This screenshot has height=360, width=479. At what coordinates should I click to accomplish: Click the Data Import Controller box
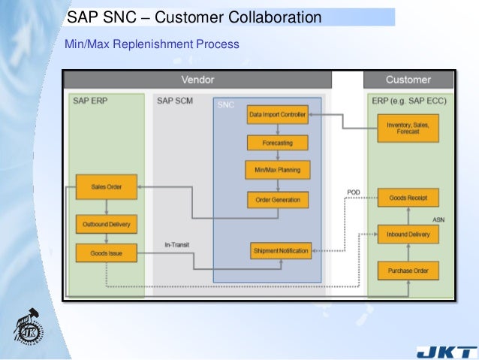(278, 115)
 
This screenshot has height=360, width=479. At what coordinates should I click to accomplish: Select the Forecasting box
(278, 143)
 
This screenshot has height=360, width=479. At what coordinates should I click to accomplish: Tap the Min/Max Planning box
(278, 171)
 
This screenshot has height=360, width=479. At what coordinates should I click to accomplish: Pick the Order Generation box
(278, 200)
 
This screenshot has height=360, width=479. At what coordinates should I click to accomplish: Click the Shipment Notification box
(280, 251)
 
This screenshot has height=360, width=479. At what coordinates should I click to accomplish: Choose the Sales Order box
(106, 187)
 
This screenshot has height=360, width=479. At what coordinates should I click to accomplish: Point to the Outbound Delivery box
(106, 224)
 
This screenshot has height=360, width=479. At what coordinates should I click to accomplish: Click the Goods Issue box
(106, 254)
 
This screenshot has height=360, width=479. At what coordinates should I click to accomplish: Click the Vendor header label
(197, 80)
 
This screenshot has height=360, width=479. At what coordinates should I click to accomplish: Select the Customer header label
(408, 80)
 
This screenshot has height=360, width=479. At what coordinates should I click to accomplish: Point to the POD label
(354, 193)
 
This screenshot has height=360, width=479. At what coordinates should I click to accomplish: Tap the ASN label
(439, 219)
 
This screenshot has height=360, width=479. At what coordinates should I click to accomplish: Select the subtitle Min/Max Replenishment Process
(152, 45)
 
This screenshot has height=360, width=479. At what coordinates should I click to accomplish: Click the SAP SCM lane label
(175, 101)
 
